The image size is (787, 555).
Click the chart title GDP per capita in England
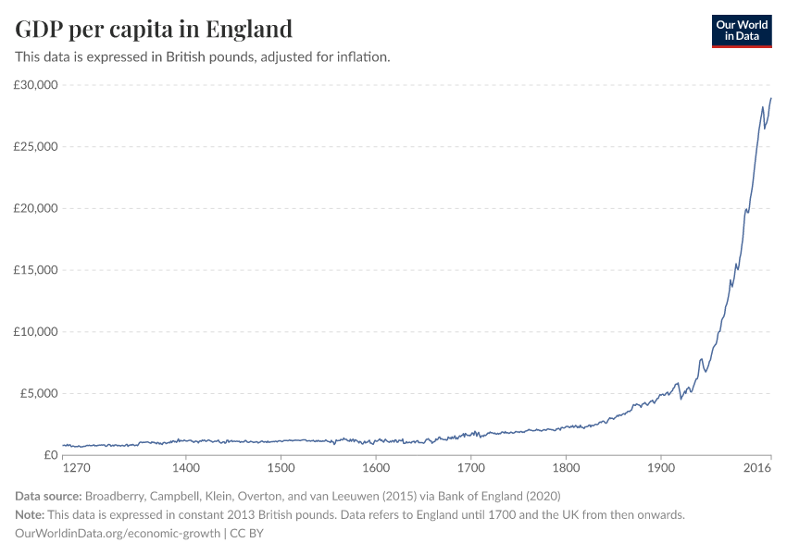pyautogui.click(x=154, y=29)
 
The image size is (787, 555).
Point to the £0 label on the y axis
pyautogui.click(x=50, y=455)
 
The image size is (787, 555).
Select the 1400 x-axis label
pyautogui.click(x=186, y=469)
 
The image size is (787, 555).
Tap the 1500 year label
pyautogui.click(x=281, y=469)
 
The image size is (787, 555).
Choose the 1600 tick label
pyautogui.click(x=375, y=469)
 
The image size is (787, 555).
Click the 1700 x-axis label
pyautogui.click(x=470, y=469)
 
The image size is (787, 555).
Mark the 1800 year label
pyautogui.click(x=566, y=469)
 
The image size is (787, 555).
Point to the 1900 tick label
pyautogui.click(x=660, y=469)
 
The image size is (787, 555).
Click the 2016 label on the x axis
pyautogui.click(x=758, y=469)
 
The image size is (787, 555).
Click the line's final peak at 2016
pyautogui.click(x=770, y=98)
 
